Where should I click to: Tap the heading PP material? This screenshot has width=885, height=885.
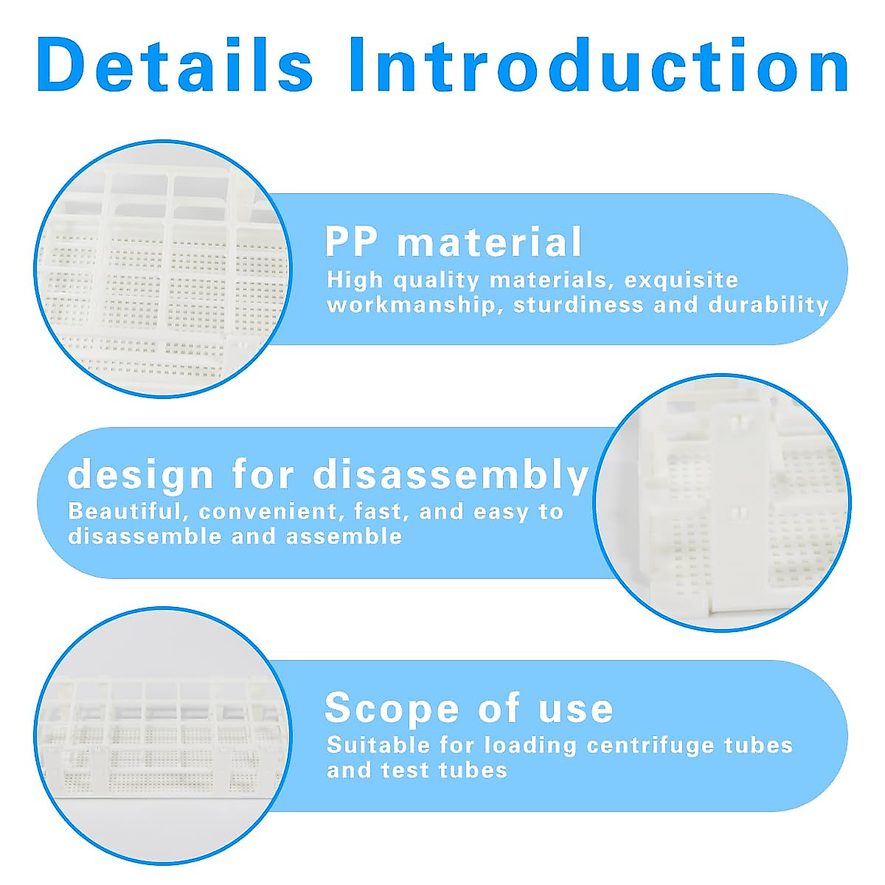454,242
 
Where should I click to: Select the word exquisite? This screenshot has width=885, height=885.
681,280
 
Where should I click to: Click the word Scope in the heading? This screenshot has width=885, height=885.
392,708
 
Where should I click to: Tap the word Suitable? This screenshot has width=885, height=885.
378,745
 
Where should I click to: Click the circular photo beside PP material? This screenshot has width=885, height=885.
164,269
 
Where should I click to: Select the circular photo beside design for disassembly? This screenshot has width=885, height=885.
721,502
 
